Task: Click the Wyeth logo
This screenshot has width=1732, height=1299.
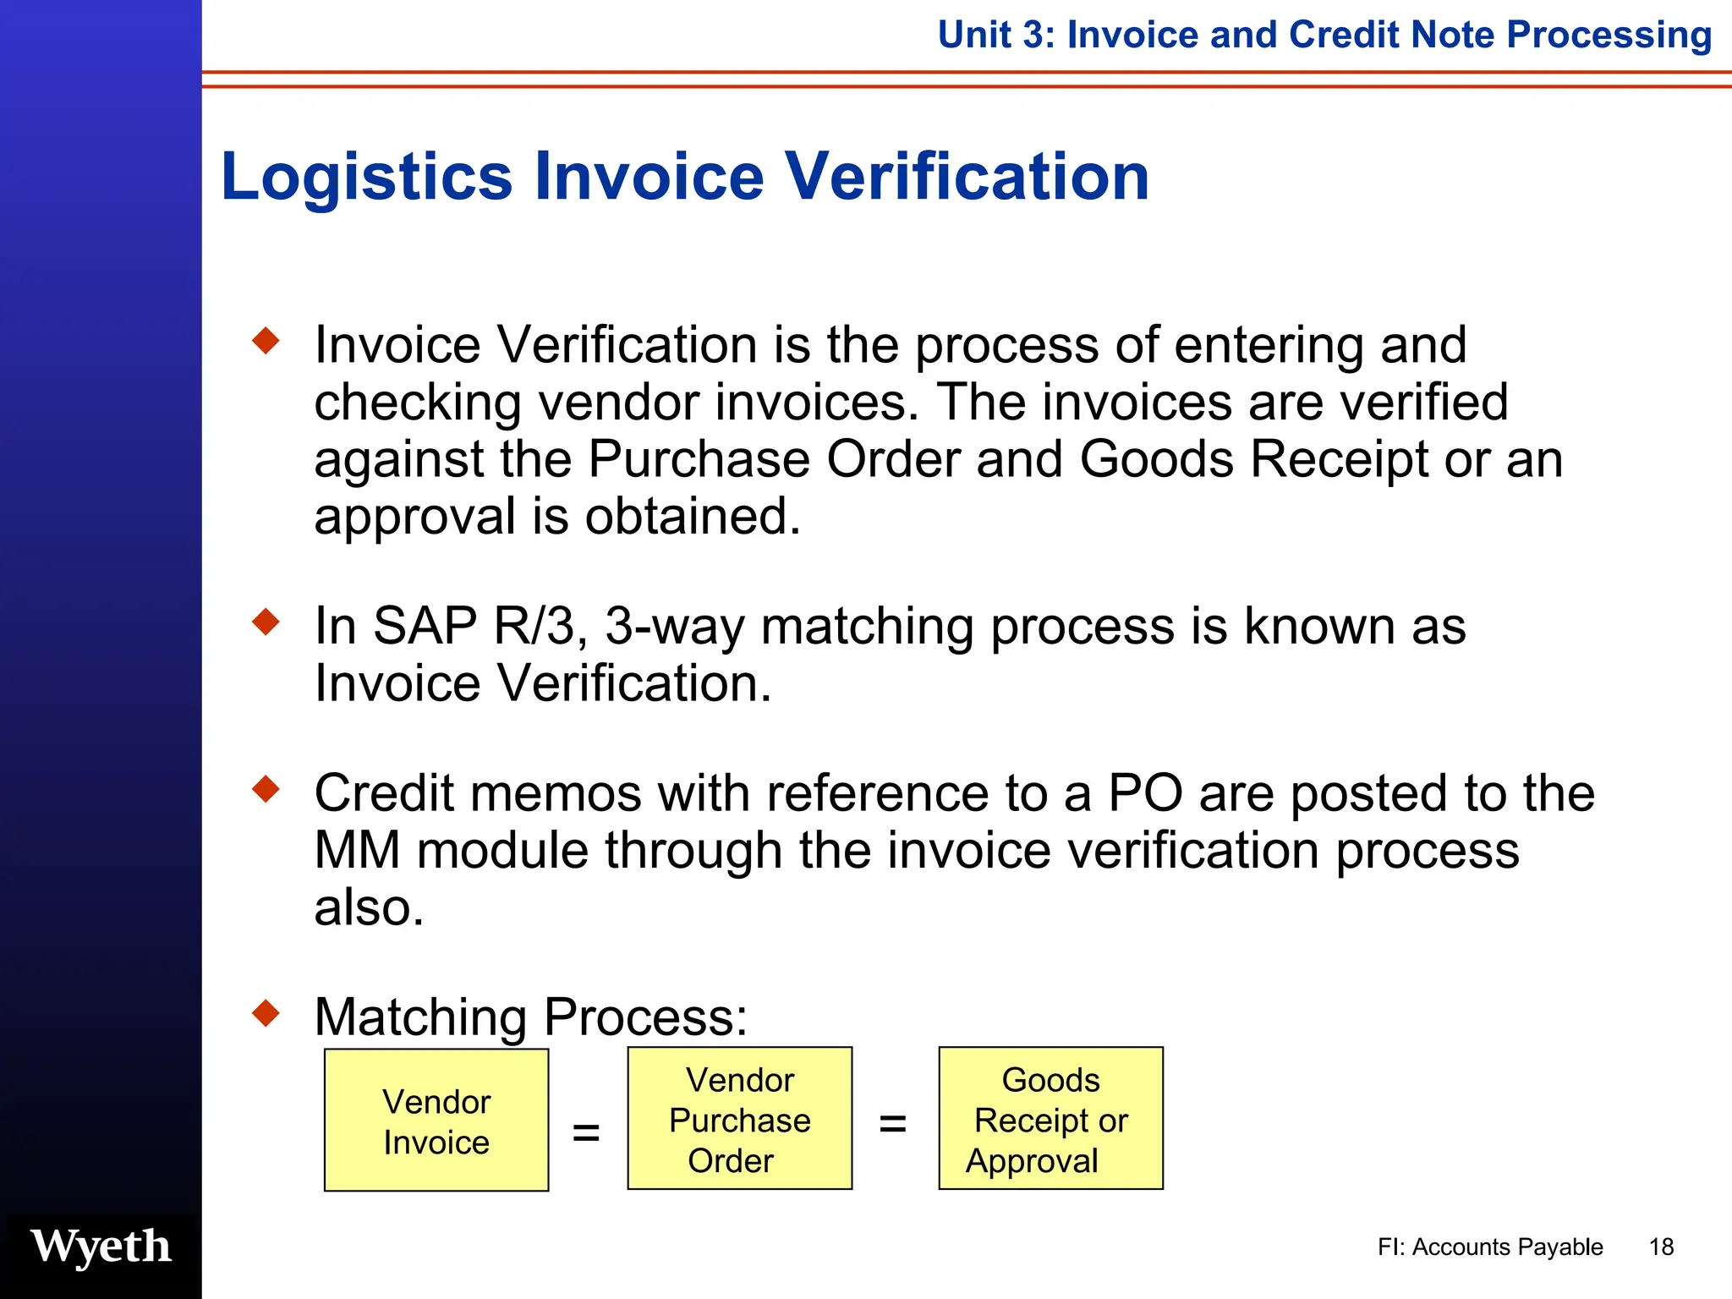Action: pos(101,1247)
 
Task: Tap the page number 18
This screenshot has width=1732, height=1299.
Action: pos(1661,1247)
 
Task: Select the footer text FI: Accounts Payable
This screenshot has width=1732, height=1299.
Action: pos(1489,1247)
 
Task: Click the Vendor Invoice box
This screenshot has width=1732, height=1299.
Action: pos(436,1121)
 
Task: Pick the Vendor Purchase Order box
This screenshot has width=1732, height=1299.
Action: pos(739,1119)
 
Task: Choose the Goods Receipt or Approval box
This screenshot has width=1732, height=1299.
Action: pos(1050,1119)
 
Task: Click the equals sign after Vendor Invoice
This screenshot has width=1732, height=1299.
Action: pos(586,1132)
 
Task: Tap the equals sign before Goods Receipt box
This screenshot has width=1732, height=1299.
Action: pos(893,1124)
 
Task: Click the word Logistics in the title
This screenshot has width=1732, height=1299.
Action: pos(366,177)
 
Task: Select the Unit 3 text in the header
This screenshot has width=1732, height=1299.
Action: pos(995,36)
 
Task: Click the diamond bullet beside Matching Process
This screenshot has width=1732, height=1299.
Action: pos(266,1012)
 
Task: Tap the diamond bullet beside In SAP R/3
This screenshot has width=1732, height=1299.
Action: pos(266,622)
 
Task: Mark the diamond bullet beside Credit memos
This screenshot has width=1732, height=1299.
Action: pos(266,789)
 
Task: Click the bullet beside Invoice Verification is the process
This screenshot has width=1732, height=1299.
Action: pos(266,341)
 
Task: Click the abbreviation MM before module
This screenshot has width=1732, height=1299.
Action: pos(356,851)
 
